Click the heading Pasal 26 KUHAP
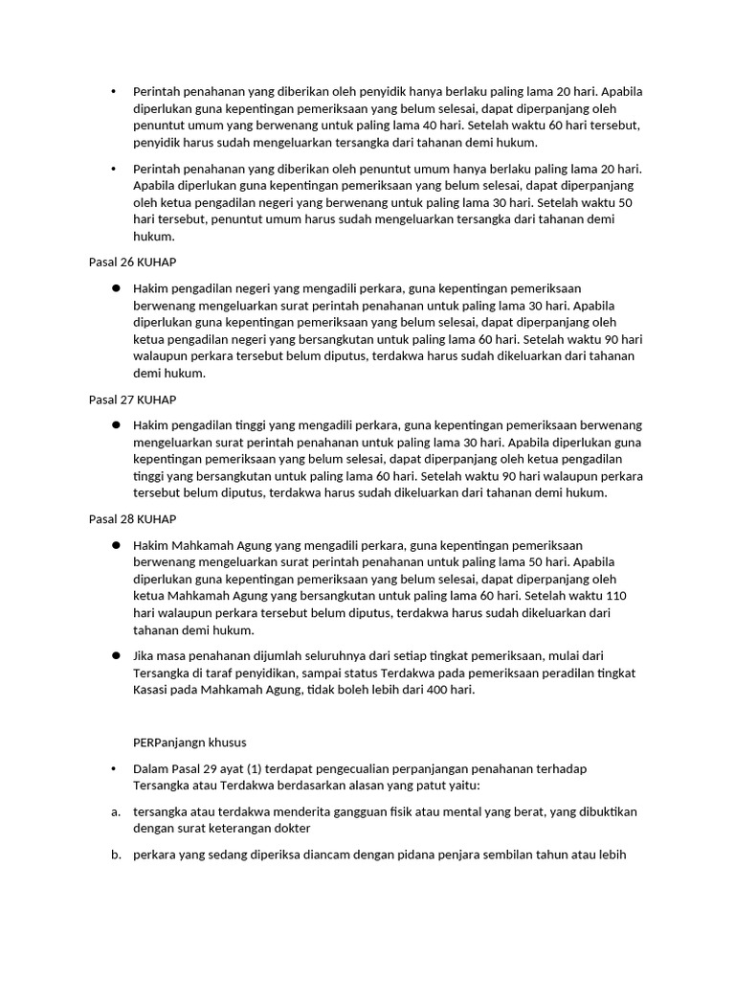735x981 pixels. [132, 262]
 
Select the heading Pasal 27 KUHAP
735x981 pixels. [132, 399]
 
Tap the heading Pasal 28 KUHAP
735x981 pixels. [132, 519]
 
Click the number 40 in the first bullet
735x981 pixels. [429, 125]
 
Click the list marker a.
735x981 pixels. [115, 811]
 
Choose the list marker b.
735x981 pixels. [115, 856]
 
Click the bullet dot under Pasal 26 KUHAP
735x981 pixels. [114, 288]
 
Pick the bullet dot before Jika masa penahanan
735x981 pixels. [114, 655]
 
